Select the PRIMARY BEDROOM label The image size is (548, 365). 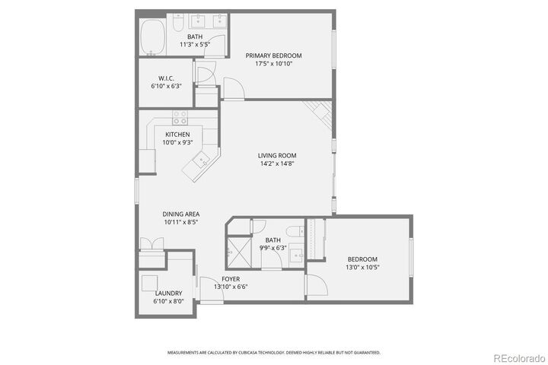click(x=273, y=56)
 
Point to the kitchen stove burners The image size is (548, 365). click(x=180, y=118)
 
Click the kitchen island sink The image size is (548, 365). click(x=203, y=160)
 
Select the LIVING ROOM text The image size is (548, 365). click(x=276, y=155)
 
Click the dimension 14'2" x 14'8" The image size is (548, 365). click(x=276, y=163)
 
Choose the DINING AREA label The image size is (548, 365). click(x=181, y=214)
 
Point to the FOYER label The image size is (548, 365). click(x=231, y=279)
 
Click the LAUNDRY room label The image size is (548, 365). click(x=168, y=293)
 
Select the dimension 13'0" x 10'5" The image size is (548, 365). click(x=362, y=267)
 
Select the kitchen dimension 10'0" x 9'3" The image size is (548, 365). click(x=177, y=142)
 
